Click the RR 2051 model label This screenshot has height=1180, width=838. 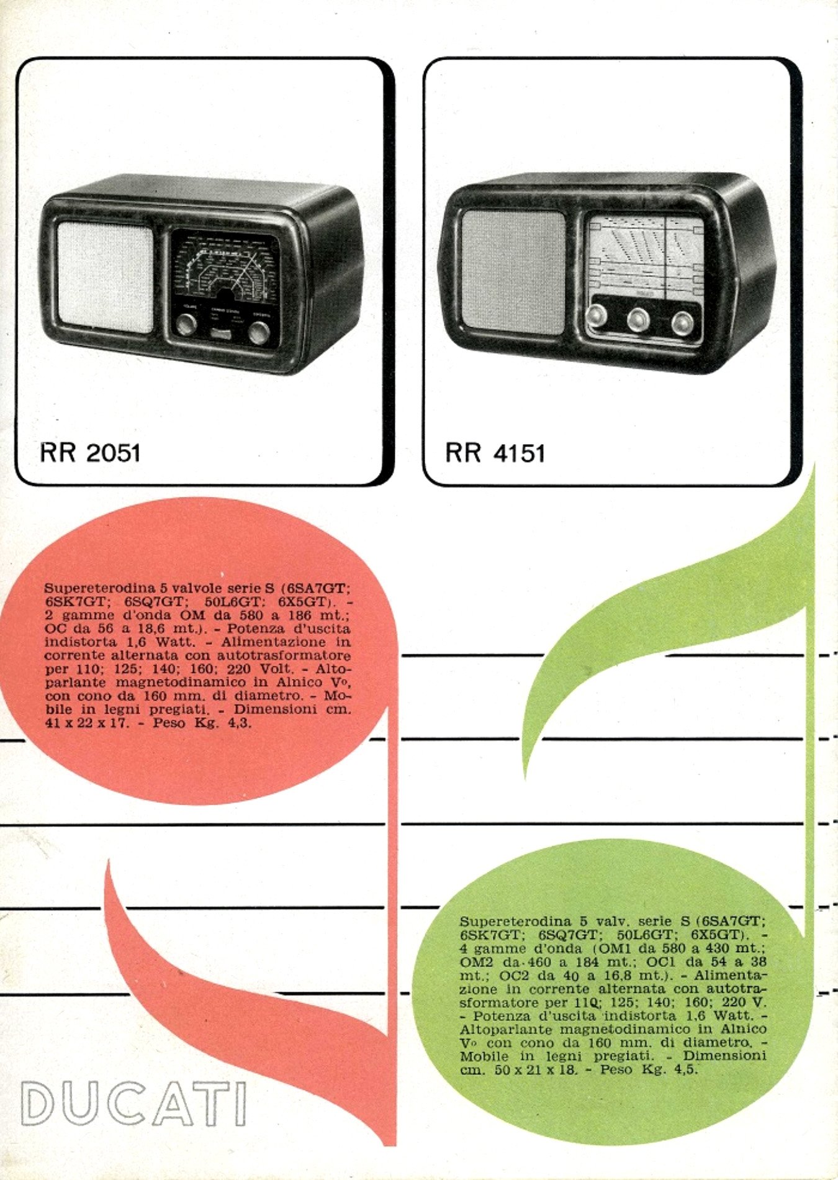click(90, 453)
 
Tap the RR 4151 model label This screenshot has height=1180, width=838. click(495, 453)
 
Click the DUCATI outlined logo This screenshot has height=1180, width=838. click(133, 1104)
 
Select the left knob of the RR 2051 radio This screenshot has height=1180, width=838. click(185, 324)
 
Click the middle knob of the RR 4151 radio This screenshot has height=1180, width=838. click(638, 319)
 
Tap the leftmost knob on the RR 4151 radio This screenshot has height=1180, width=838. click(597, 315)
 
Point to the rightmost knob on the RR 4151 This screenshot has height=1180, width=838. click(682, 323)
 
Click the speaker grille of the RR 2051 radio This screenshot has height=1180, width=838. click(105, 277)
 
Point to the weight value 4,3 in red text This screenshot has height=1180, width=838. click(240, 723)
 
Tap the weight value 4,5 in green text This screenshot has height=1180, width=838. click(686, 1069)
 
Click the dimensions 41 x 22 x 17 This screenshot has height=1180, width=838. click(87, 723)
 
